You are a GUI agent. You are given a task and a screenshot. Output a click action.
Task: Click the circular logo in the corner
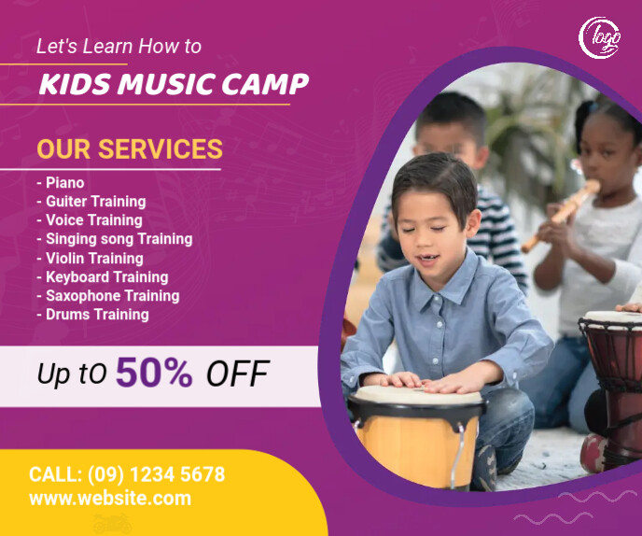[x=600, y=37]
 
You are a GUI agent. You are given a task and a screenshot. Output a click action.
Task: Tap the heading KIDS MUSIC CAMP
[x=174, y=84]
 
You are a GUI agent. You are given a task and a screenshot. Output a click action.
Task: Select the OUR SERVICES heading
[x=130, y=148]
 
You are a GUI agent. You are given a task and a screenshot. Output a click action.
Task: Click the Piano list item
[x=61, y=183]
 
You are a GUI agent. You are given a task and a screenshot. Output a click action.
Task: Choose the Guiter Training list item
[x=91, y=202]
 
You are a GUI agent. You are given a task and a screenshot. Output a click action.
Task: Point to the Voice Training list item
[x=90, y=220]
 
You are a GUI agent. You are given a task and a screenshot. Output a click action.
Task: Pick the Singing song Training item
[x=115, y=239]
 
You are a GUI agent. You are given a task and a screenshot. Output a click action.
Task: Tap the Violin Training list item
[x=91, y=258]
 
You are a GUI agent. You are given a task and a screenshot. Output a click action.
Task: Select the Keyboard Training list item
[x=103, y=276]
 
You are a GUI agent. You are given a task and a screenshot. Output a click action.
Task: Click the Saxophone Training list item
[x=108, y=295]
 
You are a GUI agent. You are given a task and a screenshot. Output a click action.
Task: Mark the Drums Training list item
[x=93, y=315]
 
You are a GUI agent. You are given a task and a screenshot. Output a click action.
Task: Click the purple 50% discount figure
[x=154, y=374]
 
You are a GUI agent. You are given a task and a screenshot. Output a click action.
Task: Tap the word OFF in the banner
[x=237, y=374]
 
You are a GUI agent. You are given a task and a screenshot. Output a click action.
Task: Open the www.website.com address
[x=110, y=499]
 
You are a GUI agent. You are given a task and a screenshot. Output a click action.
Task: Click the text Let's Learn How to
[x=119, y=46]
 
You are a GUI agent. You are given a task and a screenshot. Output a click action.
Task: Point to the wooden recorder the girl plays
[x=560, y=216]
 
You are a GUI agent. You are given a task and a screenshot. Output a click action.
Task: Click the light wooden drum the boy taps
[x=416, y=434]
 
